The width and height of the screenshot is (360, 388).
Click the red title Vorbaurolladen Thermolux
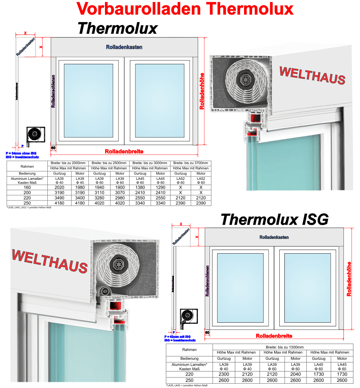coord(185,9)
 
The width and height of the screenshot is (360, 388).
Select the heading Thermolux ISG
coord(274,220)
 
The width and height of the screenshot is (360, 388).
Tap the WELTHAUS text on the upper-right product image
coord(312,75)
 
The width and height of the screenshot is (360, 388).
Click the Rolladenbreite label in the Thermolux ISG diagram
coord(274,336)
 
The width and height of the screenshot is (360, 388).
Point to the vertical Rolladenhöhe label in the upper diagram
coord(202,91)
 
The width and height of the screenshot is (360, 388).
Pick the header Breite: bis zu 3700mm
coord(191,163)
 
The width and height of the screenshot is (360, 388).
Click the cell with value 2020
coord(59,187)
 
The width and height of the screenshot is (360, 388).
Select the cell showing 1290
coord(160,187)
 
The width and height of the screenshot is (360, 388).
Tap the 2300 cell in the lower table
coord(224,374)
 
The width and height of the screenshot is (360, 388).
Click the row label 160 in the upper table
coord(27,187)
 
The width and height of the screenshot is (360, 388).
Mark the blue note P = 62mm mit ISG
coord(178,337)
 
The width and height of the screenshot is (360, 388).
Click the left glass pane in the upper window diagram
coord(88,101)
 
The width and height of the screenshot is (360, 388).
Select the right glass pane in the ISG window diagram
coord(308,288)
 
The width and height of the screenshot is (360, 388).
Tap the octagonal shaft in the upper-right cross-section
coord(245,79)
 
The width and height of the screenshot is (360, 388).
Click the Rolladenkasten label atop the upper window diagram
coord(124,47)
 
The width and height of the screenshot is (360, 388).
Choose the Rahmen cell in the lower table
coord(189,350)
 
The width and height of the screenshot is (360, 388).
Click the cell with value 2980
coord(120,198)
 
